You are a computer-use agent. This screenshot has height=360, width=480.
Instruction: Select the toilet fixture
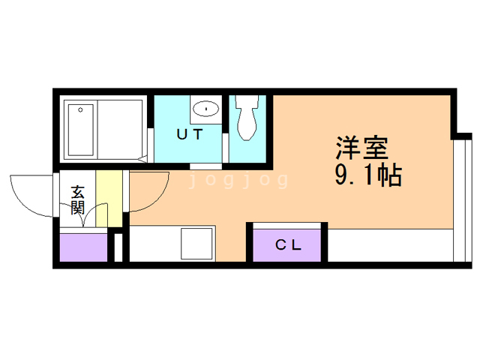tap(246, 118)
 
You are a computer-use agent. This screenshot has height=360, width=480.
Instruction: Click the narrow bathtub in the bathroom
tap(80, 128)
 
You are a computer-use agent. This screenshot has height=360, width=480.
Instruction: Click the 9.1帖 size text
tap(367, 176)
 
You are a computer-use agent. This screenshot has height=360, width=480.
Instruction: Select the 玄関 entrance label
tap(77, 199)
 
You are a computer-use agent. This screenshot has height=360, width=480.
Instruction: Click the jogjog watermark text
tap(238, 181)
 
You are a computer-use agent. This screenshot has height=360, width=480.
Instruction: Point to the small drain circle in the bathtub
tap(79, 109)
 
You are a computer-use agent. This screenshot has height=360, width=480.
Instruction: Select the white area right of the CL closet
tap(390, 245)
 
